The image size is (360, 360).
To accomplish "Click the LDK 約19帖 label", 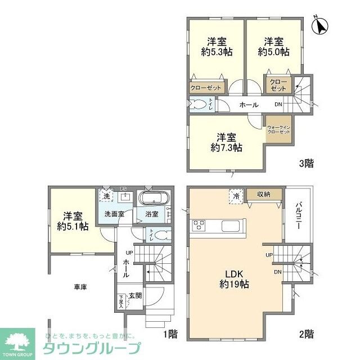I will click(234, 279).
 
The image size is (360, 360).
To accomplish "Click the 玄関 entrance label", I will click(136, 296).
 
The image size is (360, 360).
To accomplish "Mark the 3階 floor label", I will click(306, 164).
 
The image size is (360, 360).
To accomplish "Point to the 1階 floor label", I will click(170, 334).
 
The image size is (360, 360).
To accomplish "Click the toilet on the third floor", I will click(200, 105).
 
